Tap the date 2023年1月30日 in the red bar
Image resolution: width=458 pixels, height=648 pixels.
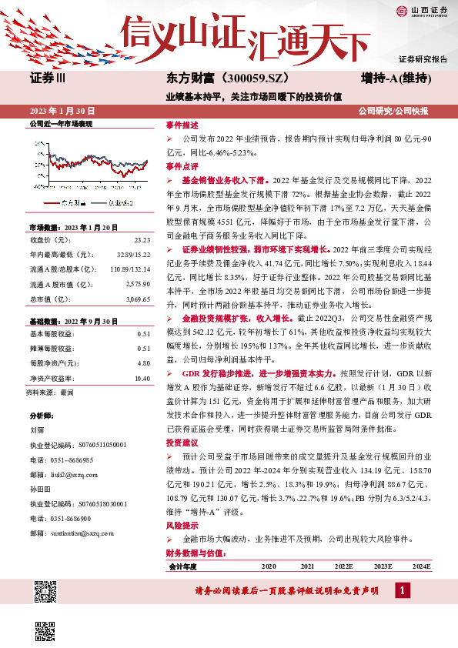63,111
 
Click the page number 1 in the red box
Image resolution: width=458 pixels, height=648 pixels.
402,590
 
